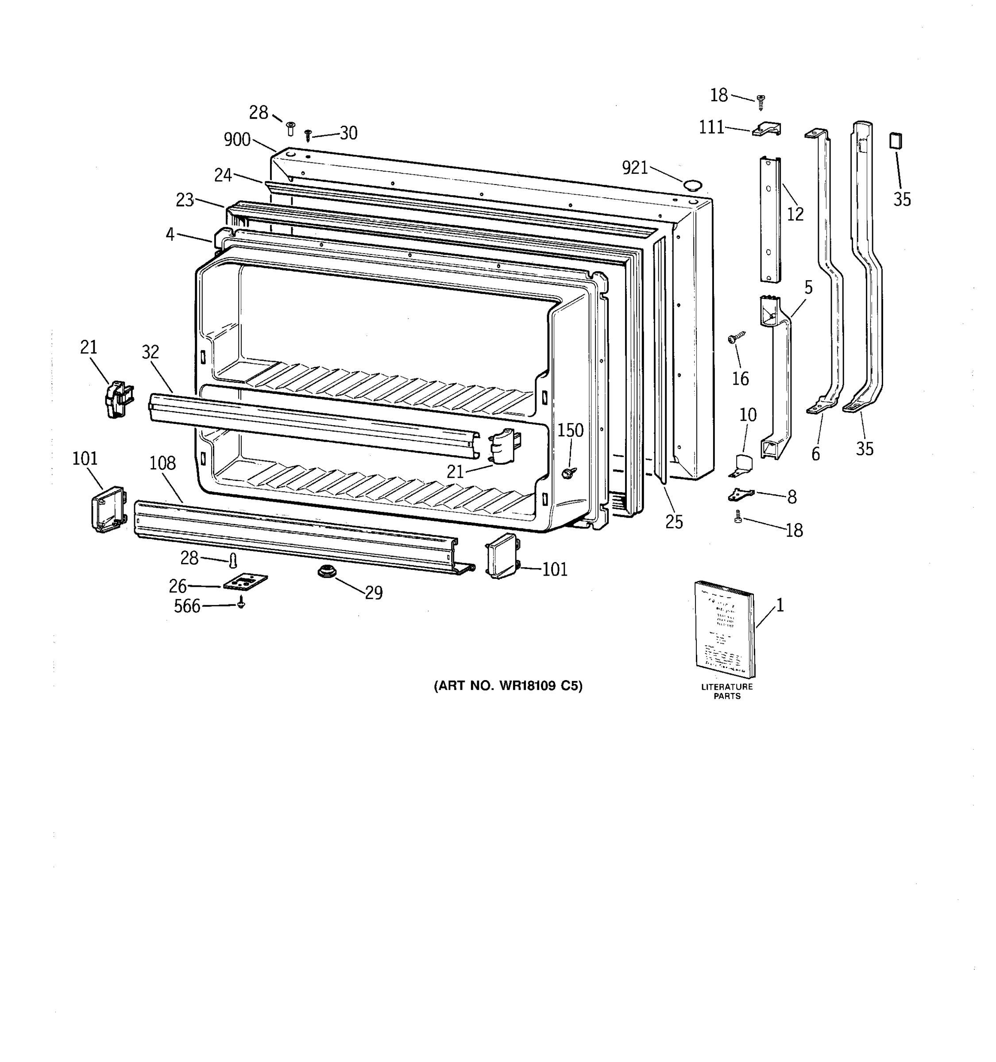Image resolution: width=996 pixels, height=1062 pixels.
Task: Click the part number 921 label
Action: point(634,168)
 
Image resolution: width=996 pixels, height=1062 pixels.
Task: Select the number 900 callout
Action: point(237,139)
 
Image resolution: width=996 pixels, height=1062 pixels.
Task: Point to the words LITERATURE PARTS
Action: point(727,691)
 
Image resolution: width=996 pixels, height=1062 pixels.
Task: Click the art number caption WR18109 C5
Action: point(508,686)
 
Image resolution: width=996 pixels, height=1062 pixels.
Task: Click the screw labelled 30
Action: point(308,134)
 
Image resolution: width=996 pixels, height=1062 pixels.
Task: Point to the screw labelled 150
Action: point(568,472)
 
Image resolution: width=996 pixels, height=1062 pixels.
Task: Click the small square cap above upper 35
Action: point(896,141)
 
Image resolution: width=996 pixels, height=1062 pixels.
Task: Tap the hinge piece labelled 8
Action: point(741,494)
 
